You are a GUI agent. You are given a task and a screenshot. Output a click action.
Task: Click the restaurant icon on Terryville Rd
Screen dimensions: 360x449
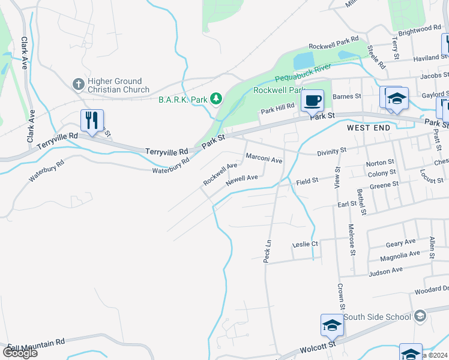click(92, 121)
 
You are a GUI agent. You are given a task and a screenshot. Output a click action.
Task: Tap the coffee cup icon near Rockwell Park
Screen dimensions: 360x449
click(312, 100)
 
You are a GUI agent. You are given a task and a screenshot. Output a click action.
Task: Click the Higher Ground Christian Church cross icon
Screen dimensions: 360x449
click(77, 85)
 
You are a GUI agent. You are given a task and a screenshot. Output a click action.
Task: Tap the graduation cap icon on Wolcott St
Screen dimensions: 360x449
click(332, 325)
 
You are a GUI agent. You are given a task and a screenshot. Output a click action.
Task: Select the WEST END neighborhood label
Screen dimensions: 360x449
click(369, 128)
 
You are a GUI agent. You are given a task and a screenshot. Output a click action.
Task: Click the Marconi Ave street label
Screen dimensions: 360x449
click(264, 160)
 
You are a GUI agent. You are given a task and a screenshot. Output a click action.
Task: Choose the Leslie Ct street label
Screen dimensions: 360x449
click(304, 244)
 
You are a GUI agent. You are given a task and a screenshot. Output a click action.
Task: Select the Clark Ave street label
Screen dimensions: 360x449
click(25, 53)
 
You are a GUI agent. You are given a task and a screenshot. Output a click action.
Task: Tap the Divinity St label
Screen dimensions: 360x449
click(331, 151)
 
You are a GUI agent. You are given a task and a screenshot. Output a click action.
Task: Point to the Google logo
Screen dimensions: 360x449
click(20, 352)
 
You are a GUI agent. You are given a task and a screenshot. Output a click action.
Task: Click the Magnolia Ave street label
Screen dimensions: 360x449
click(400, 256)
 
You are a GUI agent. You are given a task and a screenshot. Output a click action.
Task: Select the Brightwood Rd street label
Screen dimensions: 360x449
click(419, 29)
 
